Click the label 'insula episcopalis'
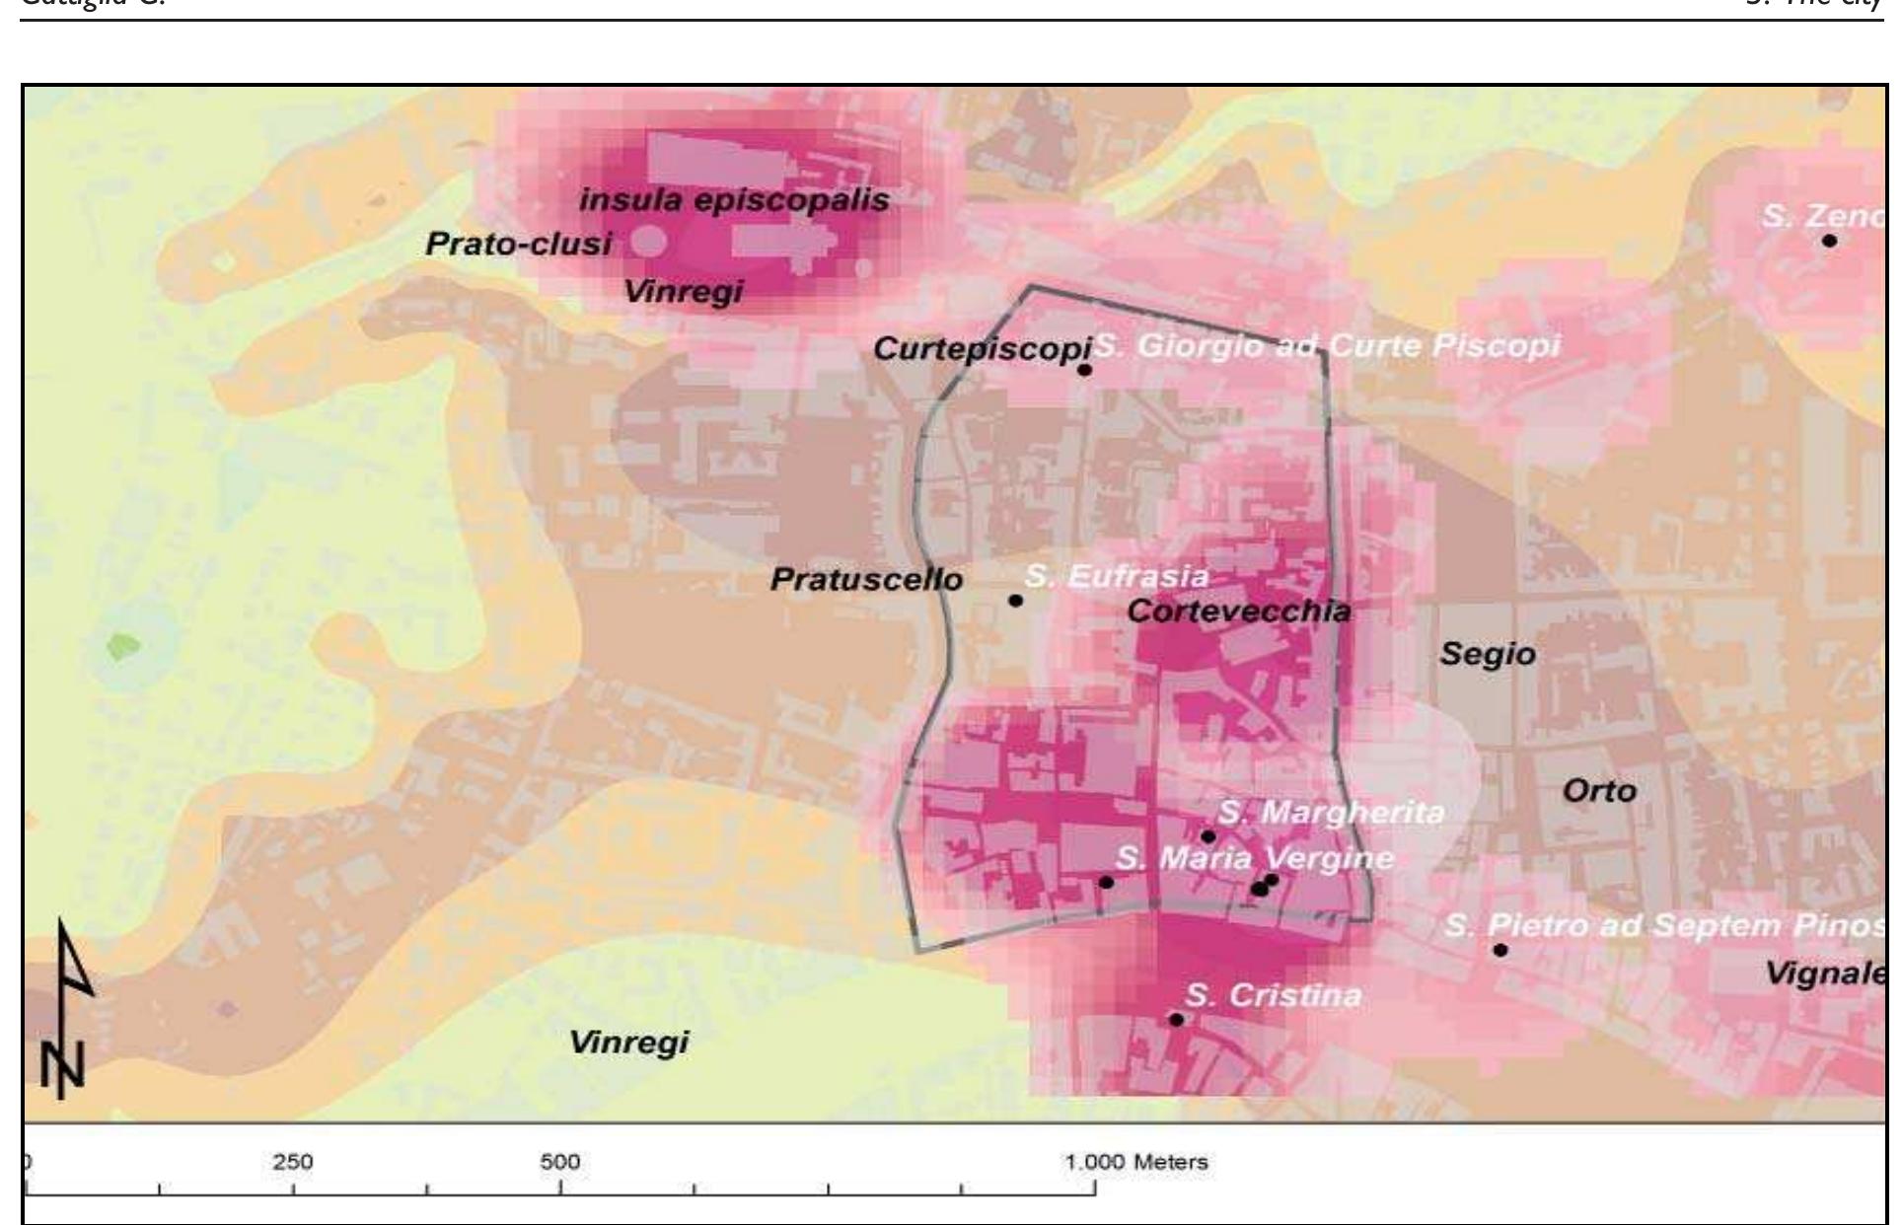734,200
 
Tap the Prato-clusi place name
518,244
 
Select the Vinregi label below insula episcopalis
683,292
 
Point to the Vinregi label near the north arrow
628,1042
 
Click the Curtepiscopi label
982,348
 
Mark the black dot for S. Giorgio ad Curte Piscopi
1084,370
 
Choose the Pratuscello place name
866,579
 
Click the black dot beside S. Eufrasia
1015,600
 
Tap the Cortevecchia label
1238,612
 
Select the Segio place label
1487,654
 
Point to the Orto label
1599,791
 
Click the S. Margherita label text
1330,813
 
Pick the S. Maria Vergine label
1255,858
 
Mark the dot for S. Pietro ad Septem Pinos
1500,950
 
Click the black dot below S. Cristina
1176,1019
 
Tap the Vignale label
1825,973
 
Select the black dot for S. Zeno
1829,240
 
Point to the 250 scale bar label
293,1162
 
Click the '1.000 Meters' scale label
1136,1162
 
